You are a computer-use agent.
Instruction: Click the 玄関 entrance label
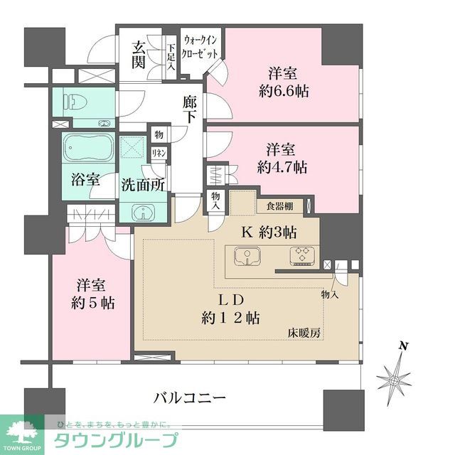point(139,55)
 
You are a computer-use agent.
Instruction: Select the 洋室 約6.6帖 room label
point(283,82)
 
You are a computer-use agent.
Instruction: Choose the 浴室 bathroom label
point(85,180)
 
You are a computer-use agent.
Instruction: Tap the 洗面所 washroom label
point(142,184)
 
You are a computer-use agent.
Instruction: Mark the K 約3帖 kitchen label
point(271,231)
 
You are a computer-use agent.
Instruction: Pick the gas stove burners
point(302,255)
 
